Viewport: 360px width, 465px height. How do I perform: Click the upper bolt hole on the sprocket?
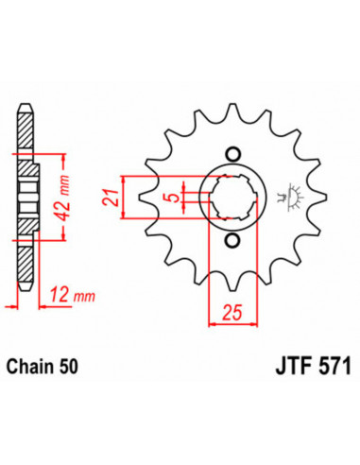coord(231,154)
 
